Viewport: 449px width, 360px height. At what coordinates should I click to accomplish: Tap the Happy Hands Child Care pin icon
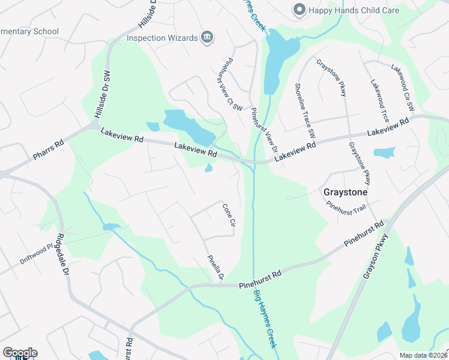point(298,10)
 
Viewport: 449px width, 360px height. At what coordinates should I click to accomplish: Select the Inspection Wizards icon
point(206,37)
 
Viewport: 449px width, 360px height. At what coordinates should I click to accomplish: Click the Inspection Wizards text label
point(162,38)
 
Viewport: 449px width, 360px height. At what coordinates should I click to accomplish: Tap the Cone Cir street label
point(228,215)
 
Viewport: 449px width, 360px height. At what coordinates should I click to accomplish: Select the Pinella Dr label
point(215,268)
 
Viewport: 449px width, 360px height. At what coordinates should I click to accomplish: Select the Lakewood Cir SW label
point(403,88)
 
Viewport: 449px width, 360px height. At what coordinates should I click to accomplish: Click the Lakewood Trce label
point(380,100)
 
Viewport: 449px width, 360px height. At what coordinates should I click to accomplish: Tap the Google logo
point(20,353)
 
